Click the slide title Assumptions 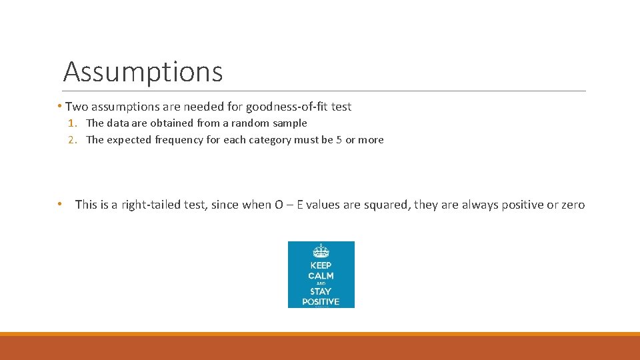click(143, 71)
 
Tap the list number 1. click(71, 123)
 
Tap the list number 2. click(71, 140)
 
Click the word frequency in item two click(177, 140)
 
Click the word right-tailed click(149, 205)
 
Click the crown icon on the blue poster click(321, 251)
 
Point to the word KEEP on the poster click(321, 265)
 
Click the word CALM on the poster click(321, 276)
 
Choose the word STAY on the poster click(321, 291)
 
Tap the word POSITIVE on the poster click(321, 301)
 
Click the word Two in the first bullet click(77, 107)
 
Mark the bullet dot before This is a click(60, 204)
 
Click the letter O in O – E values click(279, 205)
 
